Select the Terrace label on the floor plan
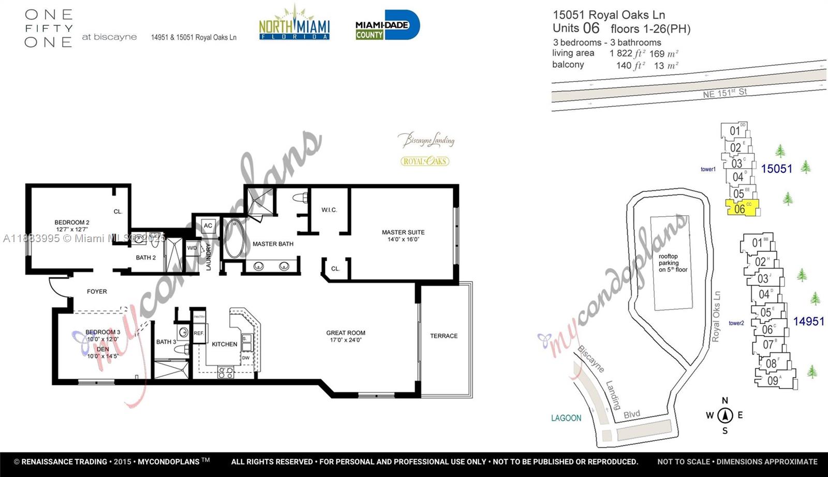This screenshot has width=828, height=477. click(443, 336)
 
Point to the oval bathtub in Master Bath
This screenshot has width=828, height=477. click(234, 239)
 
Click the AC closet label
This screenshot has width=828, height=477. click(208, 226)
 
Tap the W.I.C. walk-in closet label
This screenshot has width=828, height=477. click(329, 210)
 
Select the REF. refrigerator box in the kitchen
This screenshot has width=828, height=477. click(199, 333)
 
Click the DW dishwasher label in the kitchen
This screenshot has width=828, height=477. click(246, 357)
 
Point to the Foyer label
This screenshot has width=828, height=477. click(97, 291)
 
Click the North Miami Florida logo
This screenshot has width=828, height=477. click(294, 24)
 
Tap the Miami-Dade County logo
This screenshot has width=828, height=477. click(387, 25)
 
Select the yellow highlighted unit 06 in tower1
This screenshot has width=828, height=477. click(742, 208)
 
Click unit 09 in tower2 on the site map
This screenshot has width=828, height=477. click(773, 381)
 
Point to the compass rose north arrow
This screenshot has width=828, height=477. click(725, 414)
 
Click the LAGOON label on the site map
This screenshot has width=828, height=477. click(566, 418)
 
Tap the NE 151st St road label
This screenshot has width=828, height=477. click(724, 93)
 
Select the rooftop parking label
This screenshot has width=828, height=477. click(673, 263)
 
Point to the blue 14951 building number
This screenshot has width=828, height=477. click(808, 321)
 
